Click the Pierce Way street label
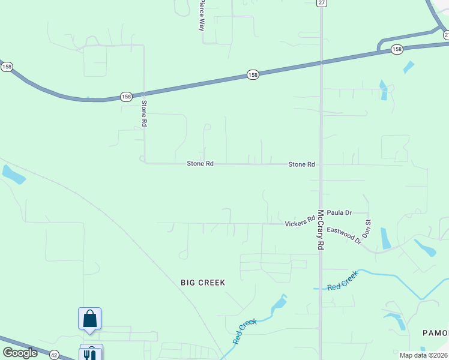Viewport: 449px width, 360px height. [x=202, y=16]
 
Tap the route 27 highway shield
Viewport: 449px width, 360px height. [x=322, y=3]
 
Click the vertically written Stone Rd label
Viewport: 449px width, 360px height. [x=144, y=113]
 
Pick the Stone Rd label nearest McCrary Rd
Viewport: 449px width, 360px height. [x=301, y=164]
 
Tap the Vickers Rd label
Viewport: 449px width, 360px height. [x=300, y=222]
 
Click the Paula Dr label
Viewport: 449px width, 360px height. [x=339, y=212]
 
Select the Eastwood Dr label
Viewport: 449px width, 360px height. [x=344, y=235]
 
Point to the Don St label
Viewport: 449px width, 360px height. [x=368, y=230]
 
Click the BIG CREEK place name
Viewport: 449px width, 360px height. [x=203, y=282]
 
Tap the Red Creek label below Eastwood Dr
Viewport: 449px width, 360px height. [x=343, y=281]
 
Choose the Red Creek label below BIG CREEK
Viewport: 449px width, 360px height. [x=245, y=331]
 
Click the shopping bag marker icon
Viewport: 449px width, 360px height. [x=89, y=318]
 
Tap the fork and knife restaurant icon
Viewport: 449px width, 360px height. [x=91, y=354]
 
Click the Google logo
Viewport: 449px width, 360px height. [x=20, y=353]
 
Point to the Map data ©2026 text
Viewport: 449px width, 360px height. [x=424, y=355]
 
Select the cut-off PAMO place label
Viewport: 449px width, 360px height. [x=436, y=333]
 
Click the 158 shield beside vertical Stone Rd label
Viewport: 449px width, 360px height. [x=125, y=96]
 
